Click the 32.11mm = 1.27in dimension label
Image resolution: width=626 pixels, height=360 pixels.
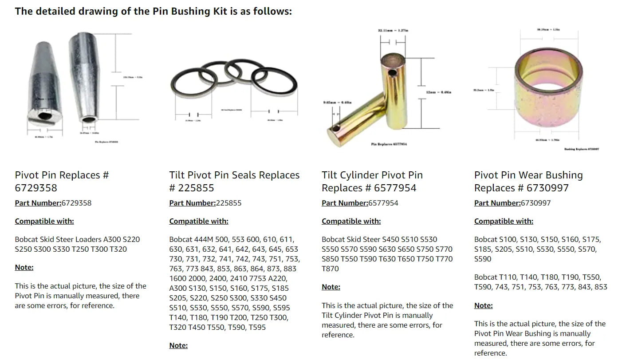coord(393,31)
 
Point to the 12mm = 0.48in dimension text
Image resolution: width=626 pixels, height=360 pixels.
coord(438,92)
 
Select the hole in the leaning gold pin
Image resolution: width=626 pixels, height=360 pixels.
coord(338,129)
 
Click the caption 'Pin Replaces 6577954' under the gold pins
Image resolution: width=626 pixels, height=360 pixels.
coord(389,144)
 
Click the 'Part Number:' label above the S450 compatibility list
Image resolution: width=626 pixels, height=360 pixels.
coord(345,203)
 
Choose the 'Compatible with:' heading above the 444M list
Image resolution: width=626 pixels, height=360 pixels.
coord(199,221)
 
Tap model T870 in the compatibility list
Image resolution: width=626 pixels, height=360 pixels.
coord(330,269)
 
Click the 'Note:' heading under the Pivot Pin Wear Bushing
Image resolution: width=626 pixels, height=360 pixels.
coord(483,305)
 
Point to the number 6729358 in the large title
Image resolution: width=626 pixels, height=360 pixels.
coord(36,188)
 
